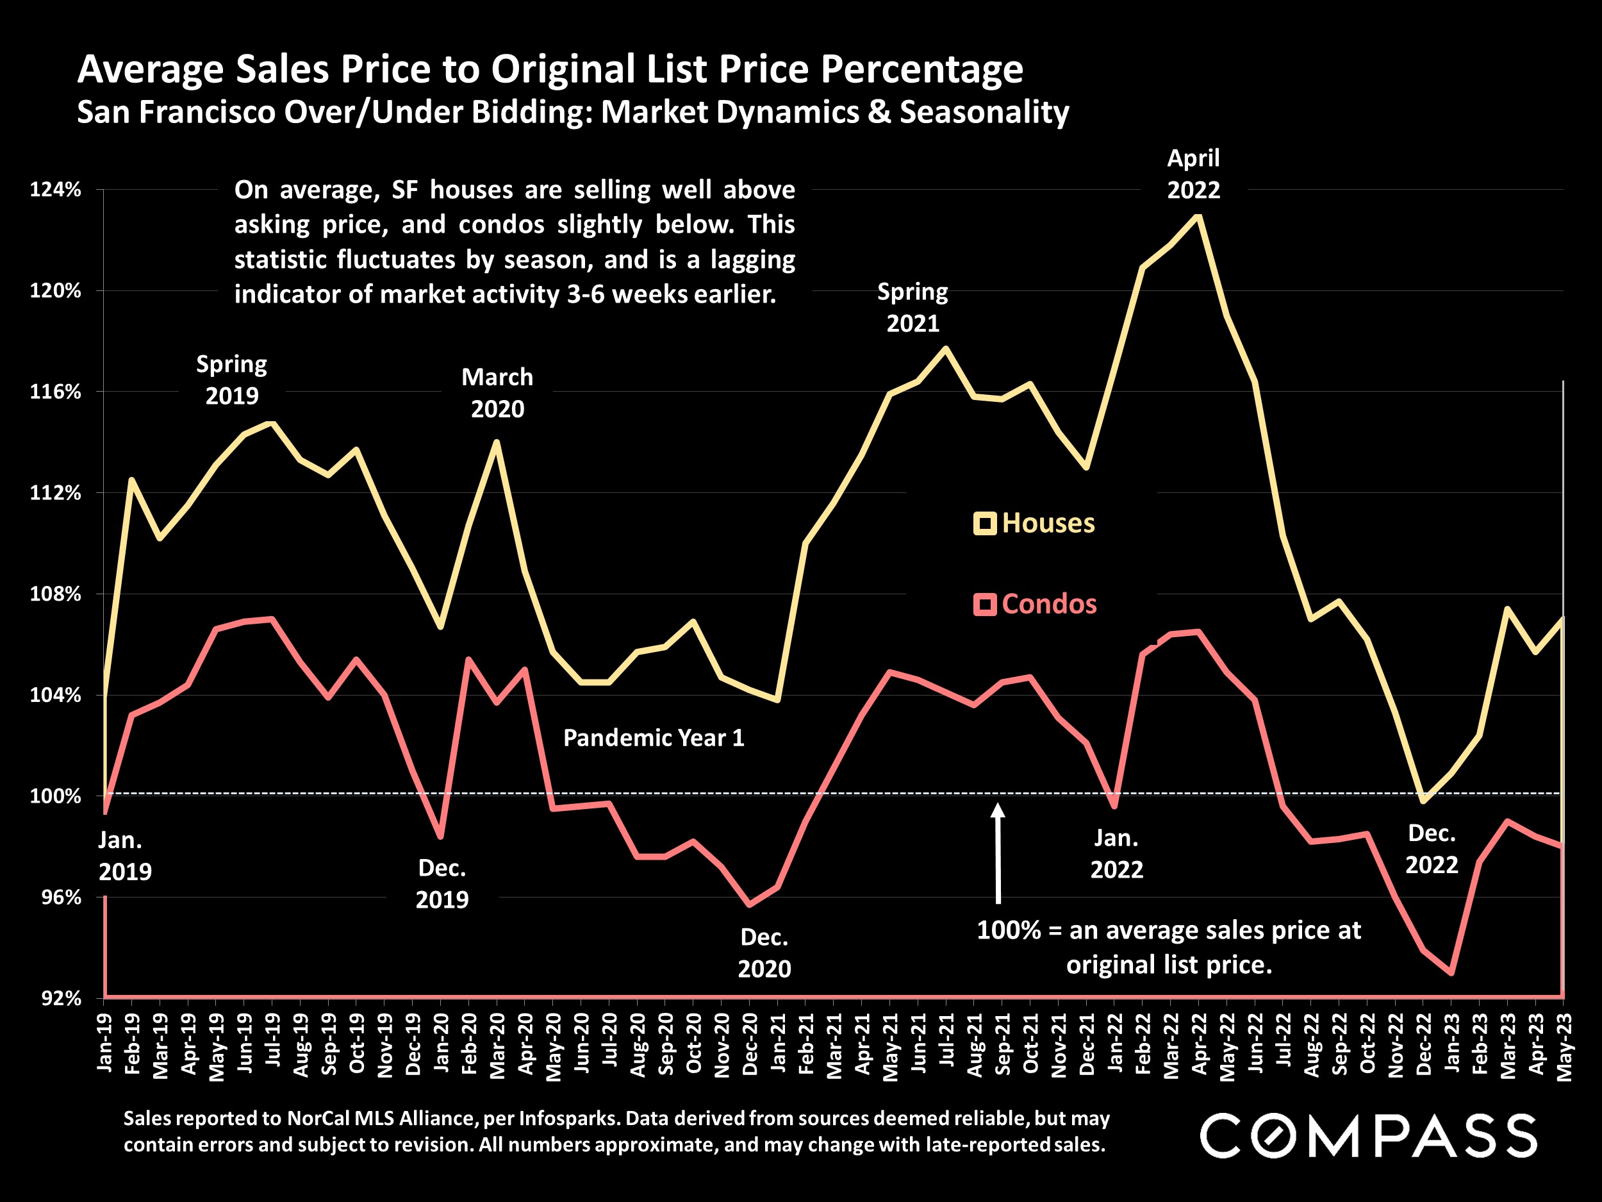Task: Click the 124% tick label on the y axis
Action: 55,190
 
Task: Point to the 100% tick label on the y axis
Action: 55,796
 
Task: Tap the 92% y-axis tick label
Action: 61,998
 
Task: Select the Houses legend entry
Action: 1035,523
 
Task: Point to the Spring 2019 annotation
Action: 232,380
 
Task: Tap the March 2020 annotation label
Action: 497,393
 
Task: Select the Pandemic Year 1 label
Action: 653,738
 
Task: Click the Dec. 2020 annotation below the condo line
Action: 764,953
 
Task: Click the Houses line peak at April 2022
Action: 1198,216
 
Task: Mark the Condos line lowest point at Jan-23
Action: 1451,972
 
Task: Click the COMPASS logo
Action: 1368,1135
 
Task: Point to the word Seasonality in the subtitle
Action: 984,112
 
